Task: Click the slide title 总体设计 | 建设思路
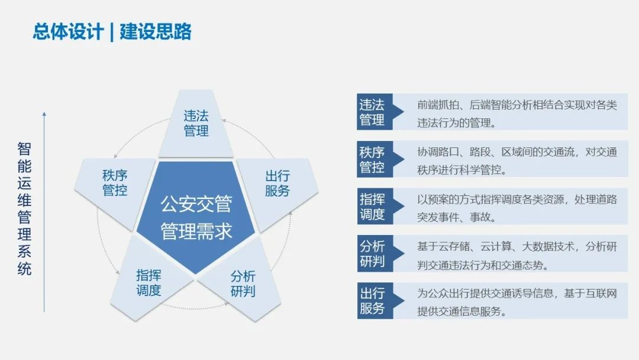point(112,31)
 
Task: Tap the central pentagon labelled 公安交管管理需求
point(196,217)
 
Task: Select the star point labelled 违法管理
point(196,123)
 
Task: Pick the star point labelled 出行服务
point(277,184)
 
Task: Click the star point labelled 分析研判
point(243,284)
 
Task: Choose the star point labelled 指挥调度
point(149,282)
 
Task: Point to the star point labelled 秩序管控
point(115,183)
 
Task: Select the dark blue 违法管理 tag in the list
point(372,112)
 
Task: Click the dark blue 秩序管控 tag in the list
point(372,160)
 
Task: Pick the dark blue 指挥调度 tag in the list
point(372,207)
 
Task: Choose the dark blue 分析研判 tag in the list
point(372,254)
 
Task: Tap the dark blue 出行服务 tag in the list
point(372,301)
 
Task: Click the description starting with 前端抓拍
point(517,114)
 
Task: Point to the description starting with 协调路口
point(517,161)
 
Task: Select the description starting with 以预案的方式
point(517,208)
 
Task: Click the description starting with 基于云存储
point(517,255)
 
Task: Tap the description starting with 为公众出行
point(517,302)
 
